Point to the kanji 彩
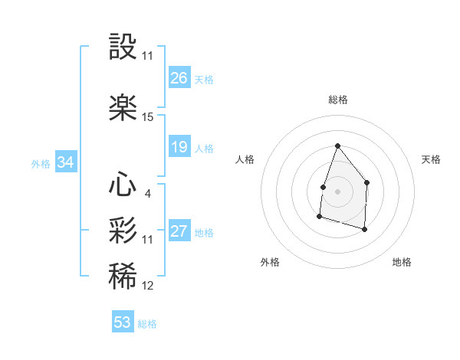(x=123, y=231)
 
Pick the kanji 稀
(x=123, y=277)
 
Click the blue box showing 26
(x=179, y=77)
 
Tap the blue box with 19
(x=179, y=147)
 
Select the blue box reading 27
(x=179, y=231)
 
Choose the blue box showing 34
(x=66, y=162)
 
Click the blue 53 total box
(x=123, y=322)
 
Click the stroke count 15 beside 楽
(x=148, y=117)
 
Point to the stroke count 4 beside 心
(x=147, y=193)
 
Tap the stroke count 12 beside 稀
(x=148, y=286)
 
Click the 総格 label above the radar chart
(x=337, y=100)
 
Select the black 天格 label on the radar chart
(x=432, y=159)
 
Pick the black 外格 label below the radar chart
(x=270, y=262)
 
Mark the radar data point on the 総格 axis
(x=337, y=146)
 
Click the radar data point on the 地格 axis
(x=364, y=229)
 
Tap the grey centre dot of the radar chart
(x=337, y=191)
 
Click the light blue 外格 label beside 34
(x=41, y=163)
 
